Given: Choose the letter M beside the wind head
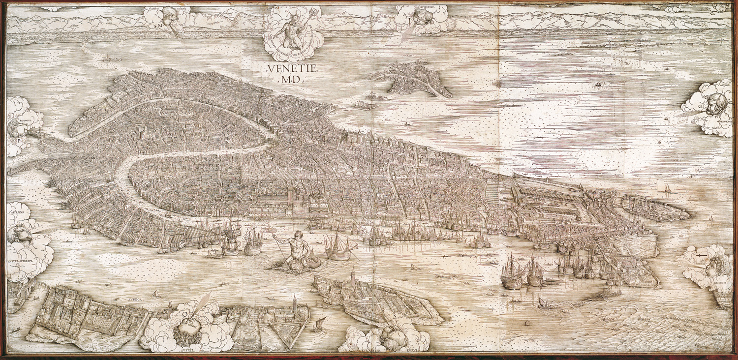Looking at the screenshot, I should point(160,25).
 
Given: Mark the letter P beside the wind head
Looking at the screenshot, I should point(19,139).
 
